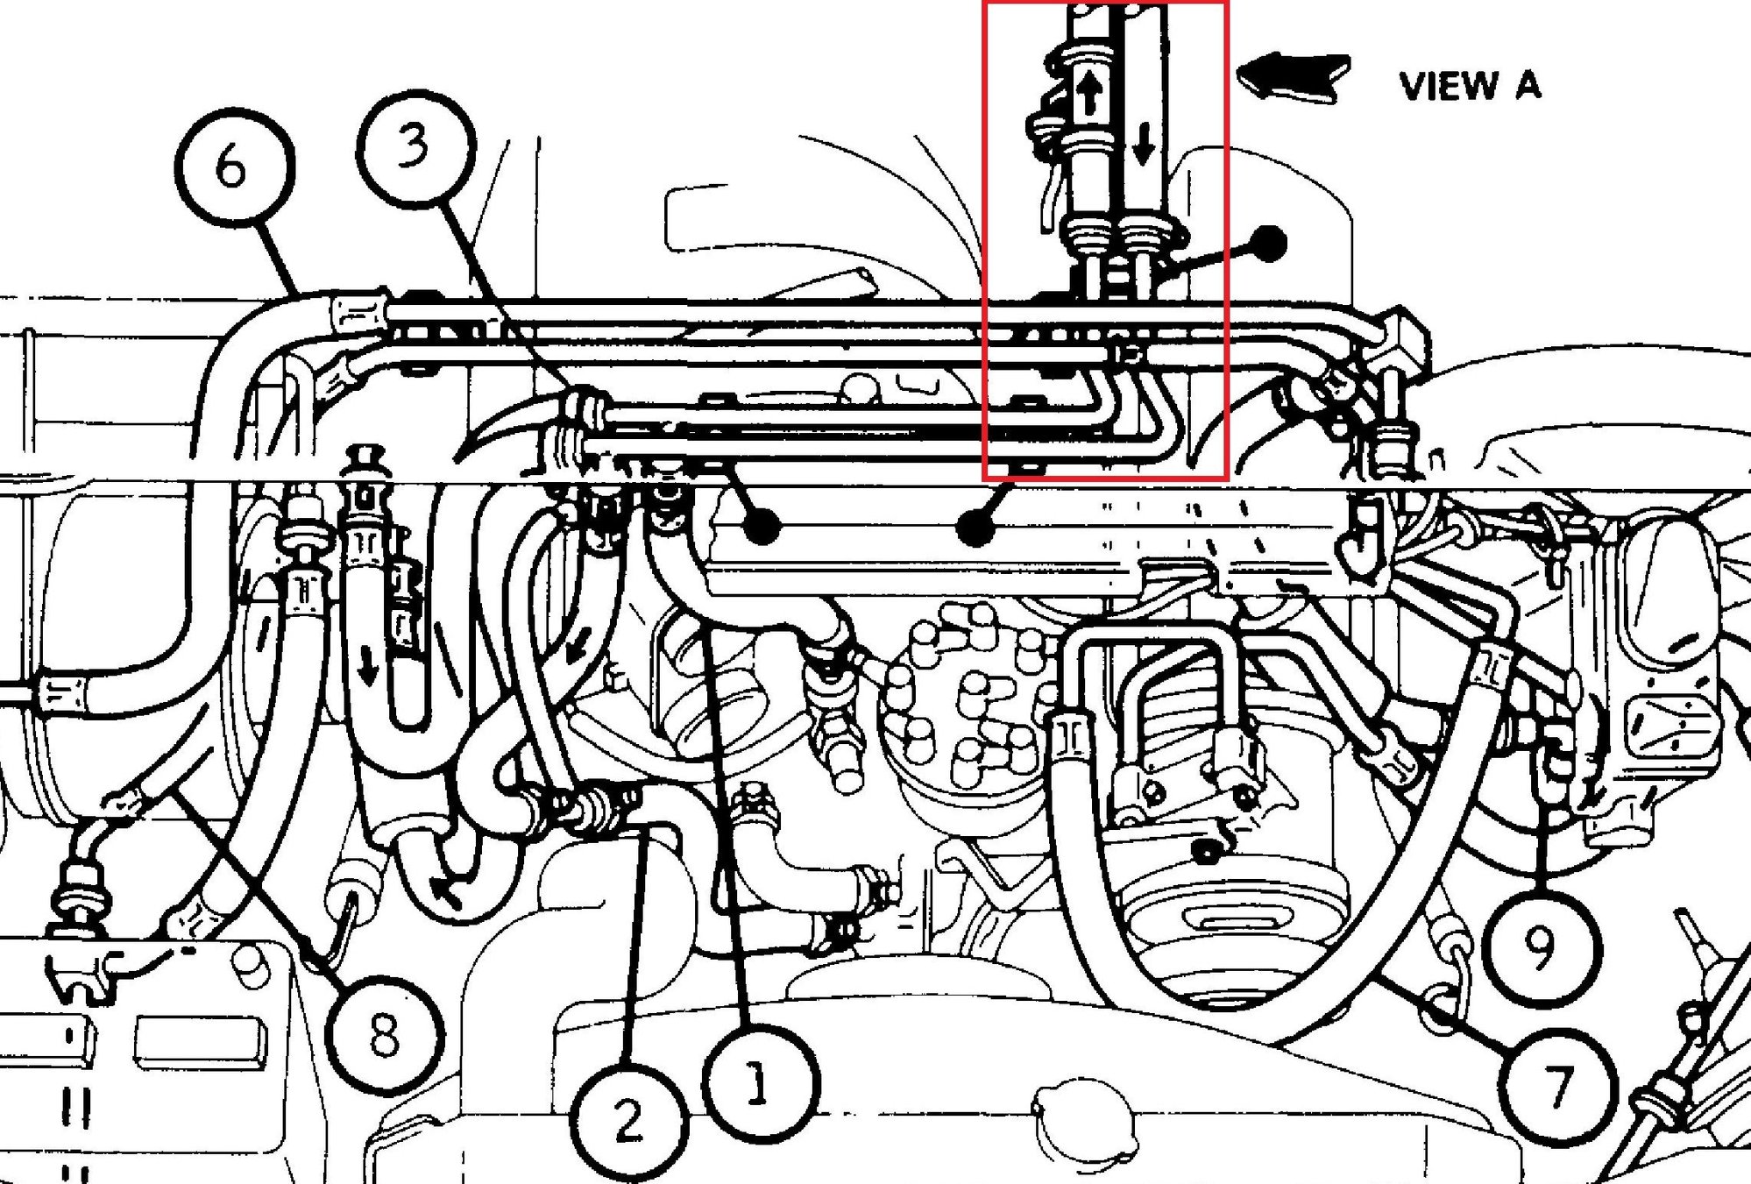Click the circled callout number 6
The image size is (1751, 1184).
point(233,167)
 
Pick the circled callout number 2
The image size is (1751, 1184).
point(627,1119)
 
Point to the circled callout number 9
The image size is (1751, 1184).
point(1542,946)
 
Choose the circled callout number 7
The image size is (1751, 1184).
point(1557,1086)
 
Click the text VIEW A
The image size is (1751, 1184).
point(1469,86)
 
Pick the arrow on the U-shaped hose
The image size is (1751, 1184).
point(370,670)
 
